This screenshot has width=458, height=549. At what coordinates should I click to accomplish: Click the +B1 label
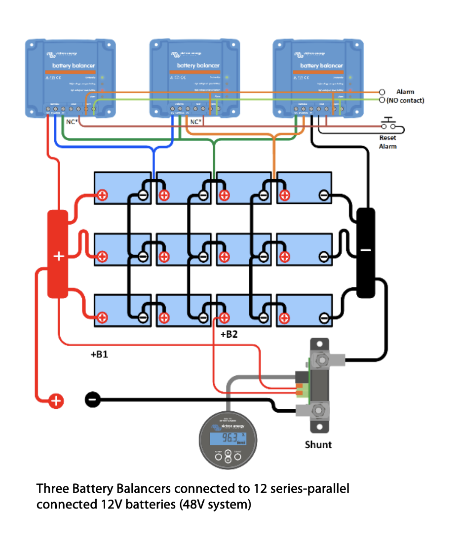point(99,354)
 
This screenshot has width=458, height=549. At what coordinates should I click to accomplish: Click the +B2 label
point(229,334)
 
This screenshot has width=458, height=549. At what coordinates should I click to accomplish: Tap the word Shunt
point(318,444)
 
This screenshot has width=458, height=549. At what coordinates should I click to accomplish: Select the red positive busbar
point(57,254)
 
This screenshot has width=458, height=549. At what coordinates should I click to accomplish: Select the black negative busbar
point(366,252)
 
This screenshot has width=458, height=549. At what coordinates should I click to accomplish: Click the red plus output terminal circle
point(56,401)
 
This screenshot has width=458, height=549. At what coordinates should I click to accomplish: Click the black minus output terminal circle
point(92,399)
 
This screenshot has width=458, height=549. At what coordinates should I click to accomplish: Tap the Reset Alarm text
point(388,142)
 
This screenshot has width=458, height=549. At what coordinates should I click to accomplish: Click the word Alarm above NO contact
point(405,92)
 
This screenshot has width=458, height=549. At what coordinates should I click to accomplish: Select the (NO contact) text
point(405,100)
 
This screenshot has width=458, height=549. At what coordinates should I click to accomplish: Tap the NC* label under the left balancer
point(72,120)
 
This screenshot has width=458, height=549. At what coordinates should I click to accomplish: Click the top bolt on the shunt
point(319,360)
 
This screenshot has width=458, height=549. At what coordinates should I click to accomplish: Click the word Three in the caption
point(53,489)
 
